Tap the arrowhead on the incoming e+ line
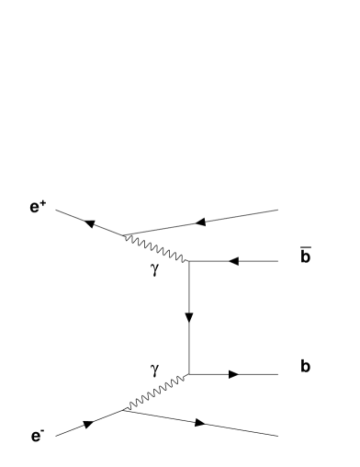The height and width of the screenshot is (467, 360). coord(90,222)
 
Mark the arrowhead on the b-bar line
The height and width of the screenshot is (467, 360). coord(232,262)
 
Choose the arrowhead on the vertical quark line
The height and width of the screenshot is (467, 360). coord(188,319)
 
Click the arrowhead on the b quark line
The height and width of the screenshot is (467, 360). coord(234,374)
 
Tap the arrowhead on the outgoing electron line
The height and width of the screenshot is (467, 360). coord(200,423)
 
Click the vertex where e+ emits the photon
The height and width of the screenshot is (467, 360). coord(122,234)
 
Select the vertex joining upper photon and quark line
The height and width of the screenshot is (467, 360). coord(188,262)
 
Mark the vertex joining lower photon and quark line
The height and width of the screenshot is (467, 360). coord(188,374)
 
